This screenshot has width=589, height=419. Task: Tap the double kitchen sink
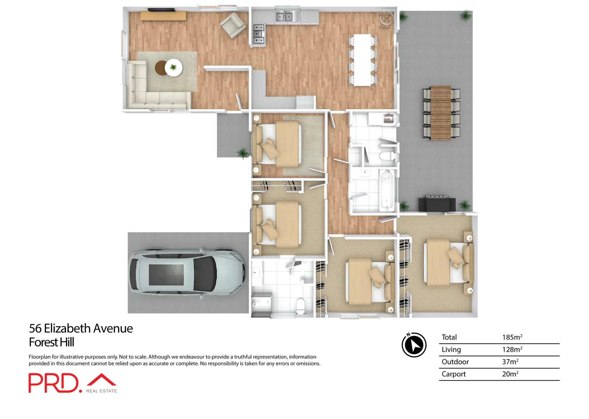(x=284, y=17)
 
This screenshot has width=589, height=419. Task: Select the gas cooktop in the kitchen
(x=259, y=34)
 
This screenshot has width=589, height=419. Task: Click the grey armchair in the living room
(x=233, y=25)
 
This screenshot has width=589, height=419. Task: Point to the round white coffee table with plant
(x=173, y=68)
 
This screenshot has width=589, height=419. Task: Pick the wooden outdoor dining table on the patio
(x=441, y=113)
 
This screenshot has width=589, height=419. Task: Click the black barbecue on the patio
(x=437, y=204)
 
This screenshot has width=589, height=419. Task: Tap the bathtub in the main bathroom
(x=387, y=190)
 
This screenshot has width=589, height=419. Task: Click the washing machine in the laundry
(x=388, y=118)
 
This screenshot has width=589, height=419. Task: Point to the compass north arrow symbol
(x=414, y=345)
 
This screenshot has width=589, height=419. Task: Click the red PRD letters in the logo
(x=53, y=383)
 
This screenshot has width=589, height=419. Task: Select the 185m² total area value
(x=512, y=337)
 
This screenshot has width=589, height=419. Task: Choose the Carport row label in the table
(x=453, y=374)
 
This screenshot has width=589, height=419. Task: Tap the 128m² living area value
(x=512, y=349)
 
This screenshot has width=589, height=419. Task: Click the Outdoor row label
(x=455, y=362)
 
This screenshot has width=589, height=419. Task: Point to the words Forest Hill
(x=51, y=342)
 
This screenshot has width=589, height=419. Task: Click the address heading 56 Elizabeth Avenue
(x=81, y=328)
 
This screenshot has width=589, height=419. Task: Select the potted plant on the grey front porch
(x=243, y=153)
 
